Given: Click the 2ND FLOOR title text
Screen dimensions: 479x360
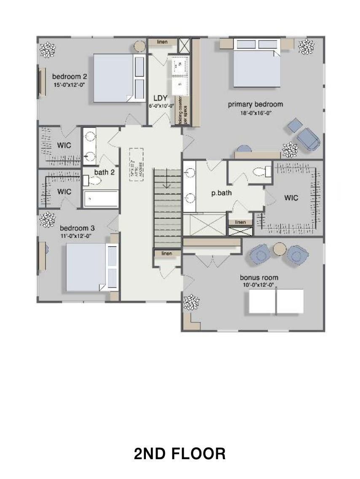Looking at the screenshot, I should coord(180,454).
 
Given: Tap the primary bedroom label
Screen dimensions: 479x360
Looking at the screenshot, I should coord(255,104).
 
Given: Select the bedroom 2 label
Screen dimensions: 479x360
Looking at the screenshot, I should coord(70,76).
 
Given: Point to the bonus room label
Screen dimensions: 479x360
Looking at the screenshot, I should coord(259,277).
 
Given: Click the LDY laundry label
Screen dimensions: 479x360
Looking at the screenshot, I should coord(161,98).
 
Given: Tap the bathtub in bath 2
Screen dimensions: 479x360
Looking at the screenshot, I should coord(101,199).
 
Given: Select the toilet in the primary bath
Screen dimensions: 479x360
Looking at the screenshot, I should coord(261,172).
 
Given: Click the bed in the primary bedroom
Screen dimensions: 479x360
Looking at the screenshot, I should coord(256,63).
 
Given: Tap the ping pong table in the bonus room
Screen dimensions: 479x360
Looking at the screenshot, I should coord(276,301).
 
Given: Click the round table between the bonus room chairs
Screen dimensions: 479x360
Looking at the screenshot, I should coord(279,249).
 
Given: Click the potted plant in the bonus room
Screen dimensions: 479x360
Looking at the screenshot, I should coord(192,302).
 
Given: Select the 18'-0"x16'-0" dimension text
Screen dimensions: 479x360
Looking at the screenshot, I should coord(255,113).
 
